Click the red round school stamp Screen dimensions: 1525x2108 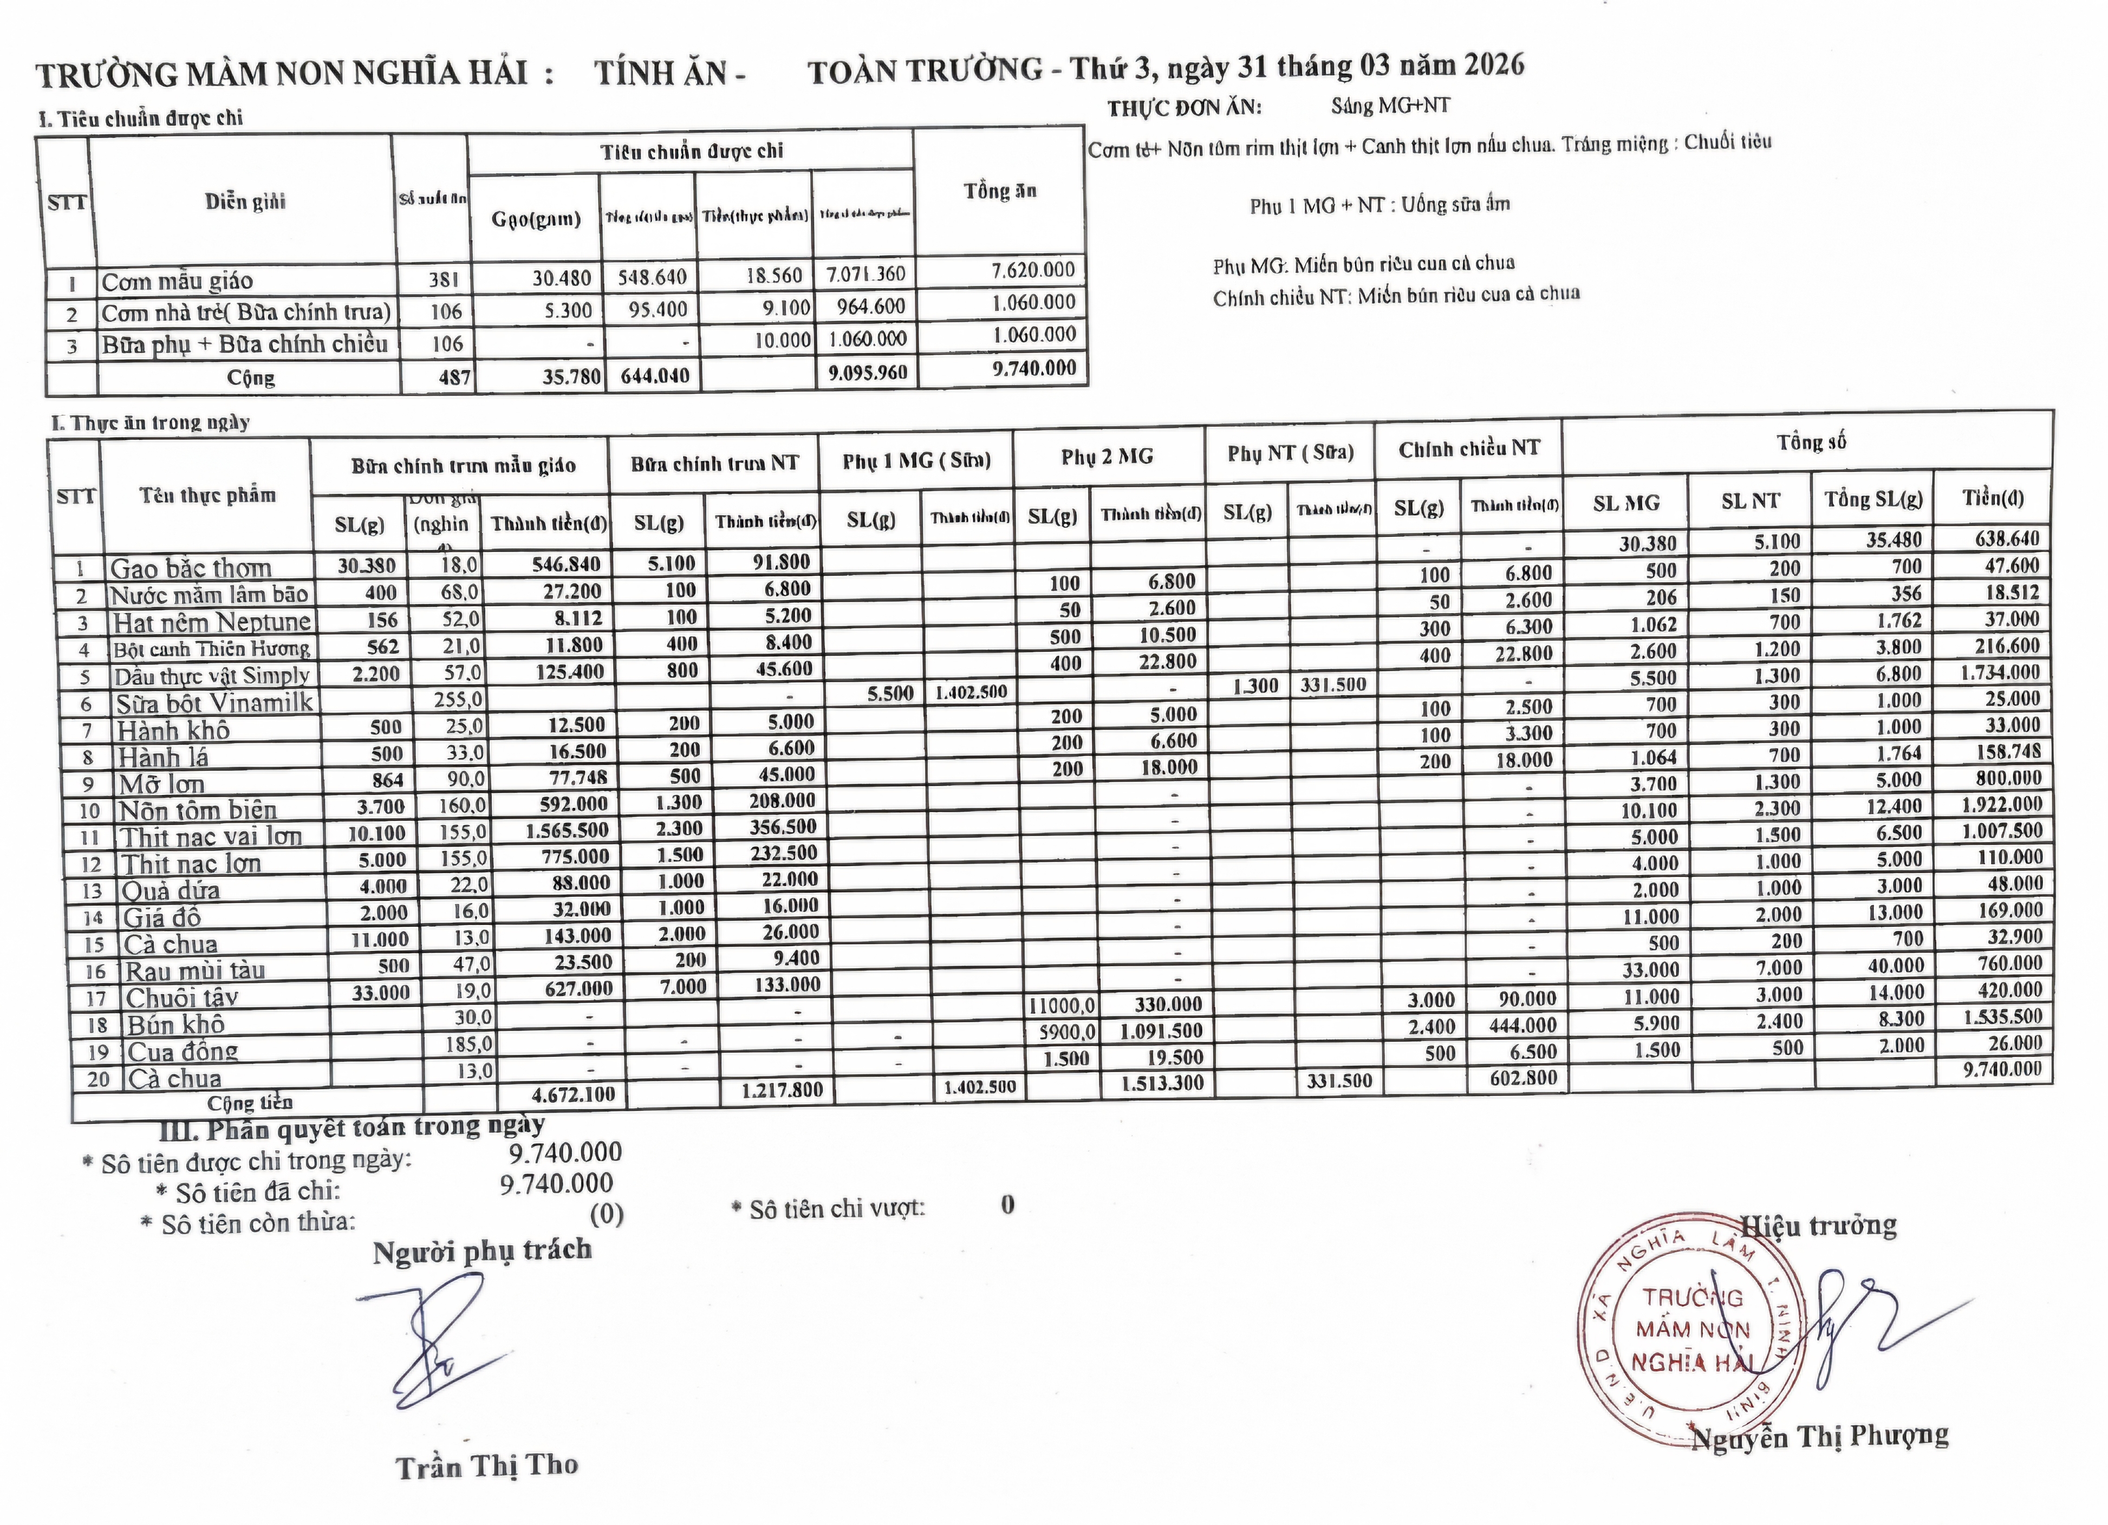pos(1691,1331)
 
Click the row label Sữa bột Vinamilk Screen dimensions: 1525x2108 pos(214,702)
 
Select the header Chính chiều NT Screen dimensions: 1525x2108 pos(1468,450)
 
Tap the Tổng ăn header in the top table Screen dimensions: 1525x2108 pos(999,192)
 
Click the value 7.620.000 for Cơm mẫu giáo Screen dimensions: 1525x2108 pos(1033,270)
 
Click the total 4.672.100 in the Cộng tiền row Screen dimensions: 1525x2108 pos(574,1094)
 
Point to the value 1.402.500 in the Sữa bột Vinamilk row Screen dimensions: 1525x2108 pos(971,692)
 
